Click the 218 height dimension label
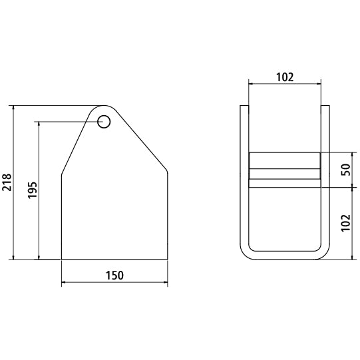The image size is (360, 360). tap(7, 182)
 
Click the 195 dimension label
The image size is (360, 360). tap(33, 190)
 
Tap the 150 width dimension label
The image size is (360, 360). tap(114, 275)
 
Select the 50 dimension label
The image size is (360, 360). tap(346, 170)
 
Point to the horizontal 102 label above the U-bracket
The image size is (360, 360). tap(285, 77)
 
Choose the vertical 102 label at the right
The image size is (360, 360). tap(346, 223)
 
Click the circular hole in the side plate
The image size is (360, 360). tap(104, 122)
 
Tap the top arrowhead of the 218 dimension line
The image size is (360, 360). tap(13, 108)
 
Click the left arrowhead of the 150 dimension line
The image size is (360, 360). tap(64, 282)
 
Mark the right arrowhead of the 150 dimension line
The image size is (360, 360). tap(165, 282)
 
